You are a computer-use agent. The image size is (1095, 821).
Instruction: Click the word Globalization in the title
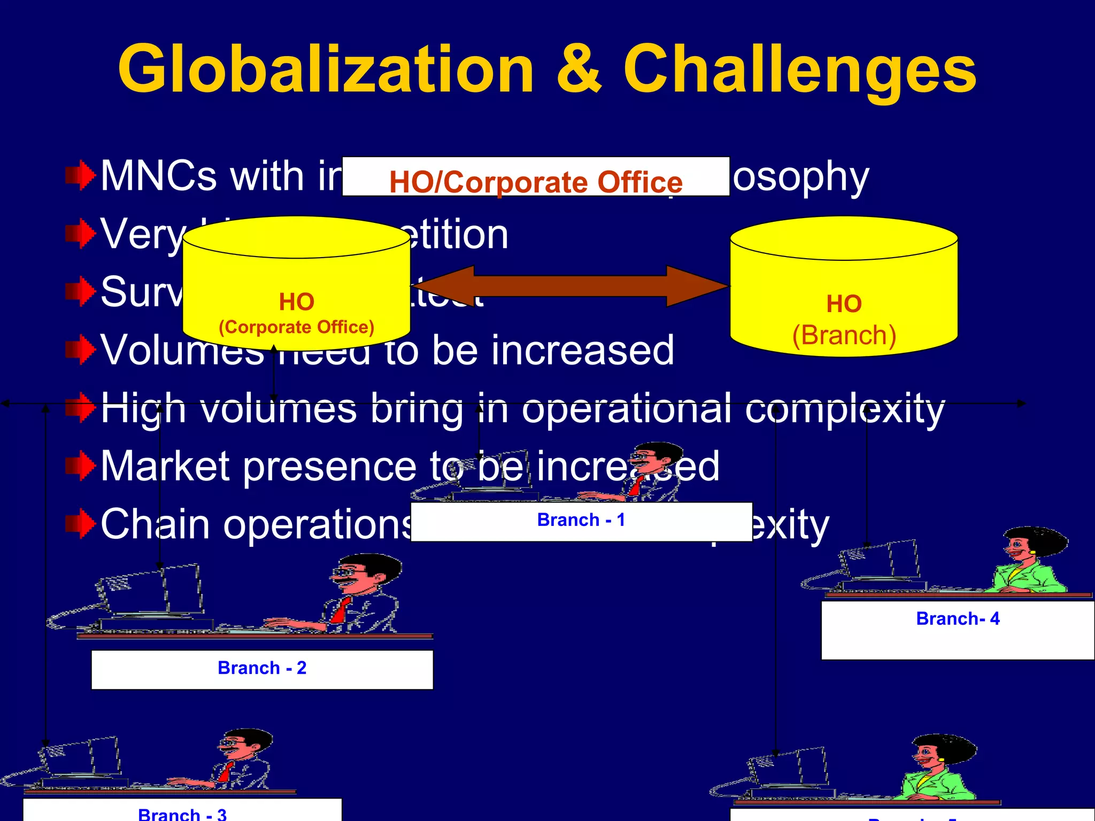click(x=326, y=69)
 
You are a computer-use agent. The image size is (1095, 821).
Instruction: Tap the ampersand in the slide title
click(x=579, y=69)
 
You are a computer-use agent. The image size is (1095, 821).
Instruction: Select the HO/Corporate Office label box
click(x=536, y=177)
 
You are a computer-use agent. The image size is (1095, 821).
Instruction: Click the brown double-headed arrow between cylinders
click(x=570, y=286)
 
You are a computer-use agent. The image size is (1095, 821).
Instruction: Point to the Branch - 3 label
click(x=182, y=814)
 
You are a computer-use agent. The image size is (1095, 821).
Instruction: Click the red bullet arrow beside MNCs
click(x=80, y=175)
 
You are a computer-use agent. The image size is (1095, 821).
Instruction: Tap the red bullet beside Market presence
click(x=80, y=466)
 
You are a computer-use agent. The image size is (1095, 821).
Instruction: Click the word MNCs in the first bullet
click(x=158, y=176)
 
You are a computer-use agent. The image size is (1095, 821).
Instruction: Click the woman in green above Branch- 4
click(x=1027, y=561)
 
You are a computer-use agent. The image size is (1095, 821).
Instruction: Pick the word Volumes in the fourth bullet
click(x=182, y=351)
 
